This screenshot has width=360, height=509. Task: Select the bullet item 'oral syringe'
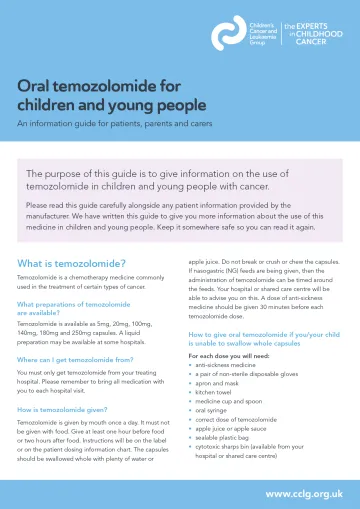pyautogui.click(x=214, y=421)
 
